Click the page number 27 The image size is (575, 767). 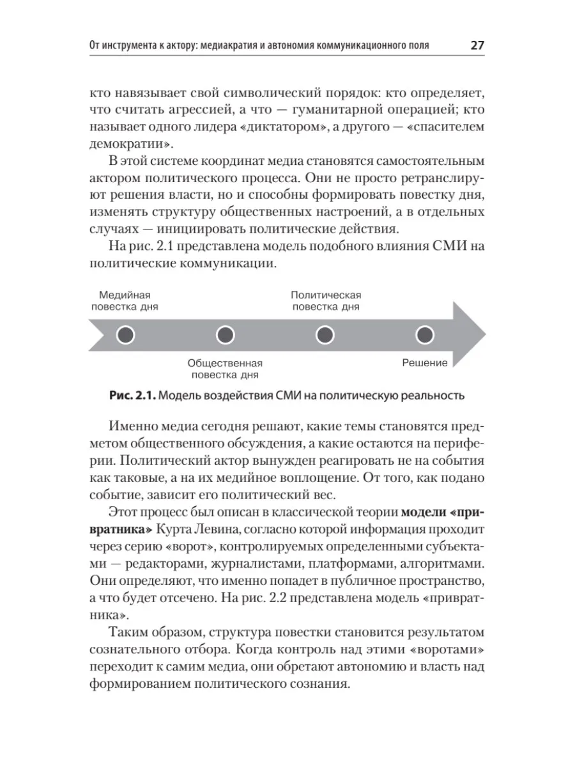coord(477,45)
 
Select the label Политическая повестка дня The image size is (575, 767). coord(326,300)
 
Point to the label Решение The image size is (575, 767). coord(425,363)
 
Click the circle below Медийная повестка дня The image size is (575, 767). coord(126,335)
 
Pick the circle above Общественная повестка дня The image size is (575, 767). coord(226,335)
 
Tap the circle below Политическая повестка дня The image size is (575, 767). coord(325,335)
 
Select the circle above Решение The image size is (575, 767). coord(425,335)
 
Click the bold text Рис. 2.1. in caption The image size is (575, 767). coord(132,396)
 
